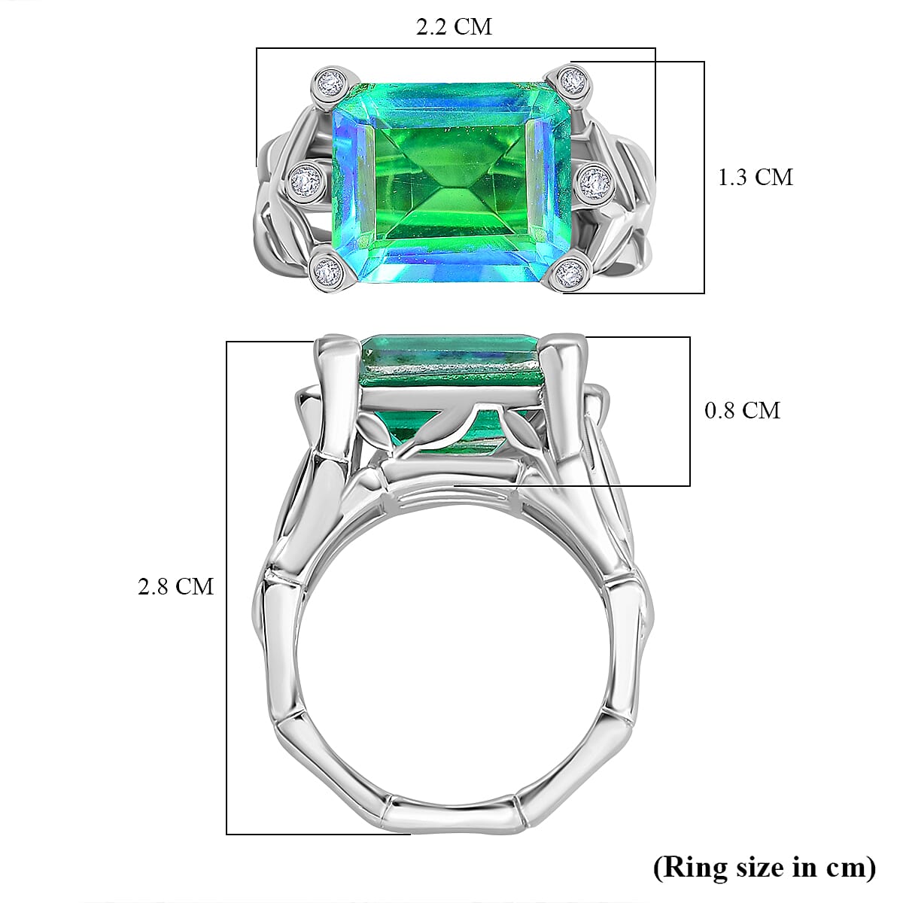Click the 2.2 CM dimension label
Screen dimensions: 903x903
[454, 27]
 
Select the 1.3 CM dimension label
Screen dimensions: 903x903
[755, 178]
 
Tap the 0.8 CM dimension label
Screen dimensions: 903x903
[742, 411]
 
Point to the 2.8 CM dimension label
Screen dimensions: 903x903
[175, 586]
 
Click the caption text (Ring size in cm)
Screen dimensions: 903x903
[765, 868]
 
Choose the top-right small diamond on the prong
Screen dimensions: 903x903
[573, 79]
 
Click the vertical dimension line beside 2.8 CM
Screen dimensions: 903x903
[227, 587]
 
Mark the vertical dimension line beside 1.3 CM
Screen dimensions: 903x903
[704, 178]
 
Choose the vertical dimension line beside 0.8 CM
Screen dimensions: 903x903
[690, 411]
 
